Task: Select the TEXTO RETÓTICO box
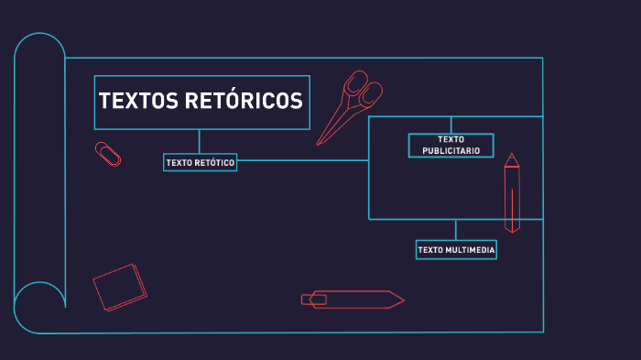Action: coord(200,162)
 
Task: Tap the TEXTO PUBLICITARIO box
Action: coord(451,145)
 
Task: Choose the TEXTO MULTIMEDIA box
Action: coord(456,249)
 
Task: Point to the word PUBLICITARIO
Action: coord(451,150)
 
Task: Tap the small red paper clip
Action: coord(108,154)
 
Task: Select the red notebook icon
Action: coord(120,287)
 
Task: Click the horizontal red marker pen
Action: coord(353,299)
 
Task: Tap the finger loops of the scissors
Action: coord(363,90)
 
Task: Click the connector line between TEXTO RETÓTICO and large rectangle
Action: coord(302,160)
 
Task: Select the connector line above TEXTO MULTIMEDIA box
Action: coord(455,229)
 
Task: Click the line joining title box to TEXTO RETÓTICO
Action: coord(200,141)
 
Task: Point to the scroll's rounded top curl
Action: coord(40,46)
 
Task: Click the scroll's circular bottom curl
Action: coord(39,308)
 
